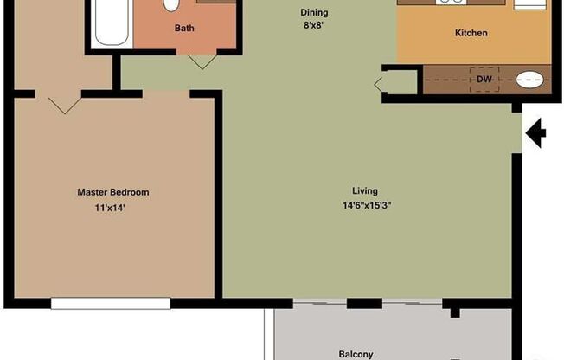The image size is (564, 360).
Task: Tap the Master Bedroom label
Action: click(112, 192)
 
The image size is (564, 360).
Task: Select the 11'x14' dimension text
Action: click(114, 208)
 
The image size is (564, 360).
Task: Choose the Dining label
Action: click(314, 12)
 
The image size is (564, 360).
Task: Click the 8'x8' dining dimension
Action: click(314, 26)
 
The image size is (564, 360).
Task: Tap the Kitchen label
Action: click(471, 34)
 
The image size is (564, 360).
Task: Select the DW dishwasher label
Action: click(484, 80)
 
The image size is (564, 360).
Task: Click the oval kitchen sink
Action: click(531, 80)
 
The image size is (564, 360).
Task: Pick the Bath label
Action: click(184, 28)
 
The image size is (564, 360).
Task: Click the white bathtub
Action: click(111, 22)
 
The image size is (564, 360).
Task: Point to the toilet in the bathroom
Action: click(171, 5)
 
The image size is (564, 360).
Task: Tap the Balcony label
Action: click(356, 353)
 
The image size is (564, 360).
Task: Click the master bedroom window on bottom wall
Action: click(110, 303)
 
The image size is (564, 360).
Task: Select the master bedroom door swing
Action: click(64, 104)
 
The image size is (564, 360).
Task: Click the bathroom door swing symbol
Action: click(202, 61)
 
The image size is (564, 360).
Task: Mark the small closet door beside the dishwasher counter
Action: click(381, 84)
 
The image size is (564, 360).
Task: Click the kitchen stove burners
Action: click(450, 3)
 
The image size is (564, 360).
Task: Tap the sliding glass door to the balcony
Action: click(363, 303)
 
